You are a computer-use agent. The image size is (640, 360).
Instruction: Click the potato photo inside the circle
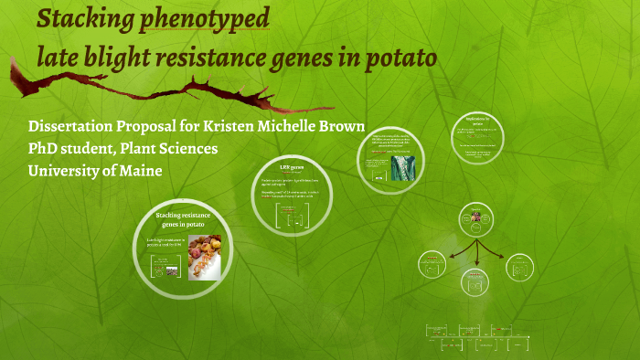[x=205, y=256]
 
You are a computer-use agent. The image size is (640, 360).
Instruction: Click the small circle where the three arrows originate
[x=476, y=220]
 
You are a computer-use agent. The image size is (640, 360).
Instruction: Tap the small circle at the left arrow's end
[x=432, y=265]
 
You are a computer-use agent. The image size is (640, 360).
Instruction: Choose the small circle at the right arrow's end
[x=518, y=267]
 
